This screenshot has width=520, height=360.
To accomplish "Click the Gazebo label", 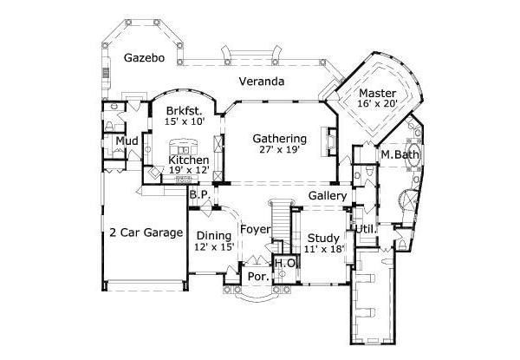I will [143, 59].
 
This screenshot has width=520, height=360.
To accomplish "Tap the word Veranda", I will [263, 82].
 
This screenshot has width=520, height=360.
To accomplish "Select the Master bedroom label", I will [379, 93].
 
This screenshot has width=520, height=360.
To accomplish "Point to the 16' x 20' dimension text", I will [379, 104].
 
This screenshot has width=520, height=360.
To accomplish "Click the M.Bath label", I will [397, 155].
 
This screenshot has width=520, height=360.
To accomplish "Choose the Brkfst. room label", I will [184, 110].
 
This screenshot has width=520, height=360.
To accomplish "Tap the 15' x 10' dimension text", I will [184, 121].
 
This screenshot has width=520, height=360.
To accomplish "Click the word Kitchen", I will [188, 160].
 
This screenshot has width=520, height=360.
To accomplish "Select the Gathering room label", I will [280, 138].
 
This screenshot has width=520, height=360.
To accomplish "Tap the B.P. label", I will [198, 195].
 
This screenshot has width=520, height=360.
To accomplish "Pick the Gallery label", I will [328, 196].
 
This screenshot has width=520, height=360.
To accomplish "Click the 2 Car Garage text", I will [146, 232].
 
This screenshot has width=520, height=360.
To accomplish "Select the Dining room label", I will [212, 236].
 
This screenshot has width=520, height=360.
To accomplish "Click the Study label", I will [323, 238].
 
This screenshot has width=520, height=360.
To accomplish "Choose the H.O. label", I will [285, 264].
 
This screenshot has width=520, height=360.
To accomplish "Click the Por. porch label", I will [257, 277].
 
